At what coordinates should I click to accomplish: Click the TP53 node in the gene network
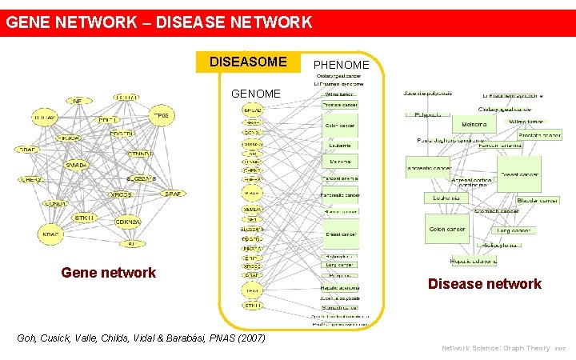161,116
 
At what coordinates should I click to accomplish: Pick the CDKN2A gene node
128,222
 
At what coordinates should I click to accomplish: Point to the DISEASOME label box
248,62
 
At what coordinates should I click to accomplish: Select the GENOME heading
256,94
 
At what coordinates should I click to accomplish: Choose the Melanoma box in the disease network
474,125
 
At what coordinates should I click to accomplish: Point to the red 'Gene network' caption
109,273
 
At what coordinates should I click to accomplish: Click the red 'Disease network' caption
485,284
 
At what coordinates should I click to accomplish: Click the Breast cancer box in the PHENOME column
341,234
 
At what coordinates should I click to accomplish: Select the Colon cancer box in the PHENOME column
341,126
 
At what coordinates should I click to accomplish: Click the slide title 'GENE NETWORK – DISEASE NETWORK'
159,22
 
